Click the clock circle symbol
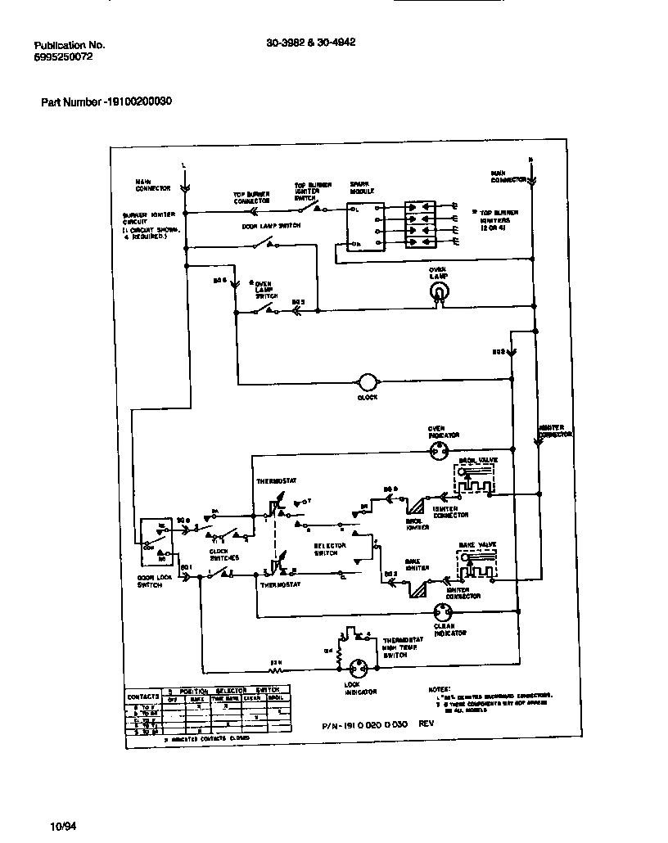click(x=368, y=382)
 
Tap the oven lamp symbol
click(x=440, y=293)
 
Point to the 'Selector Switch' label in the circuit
click(x=330, y=548)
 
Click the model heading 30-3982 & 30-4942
click(x=310, y=44)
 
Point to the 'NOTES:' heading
click(x=440, y=690)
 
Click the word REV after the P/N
click(x=427, y=724)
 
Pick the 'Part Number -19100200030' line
click(x=106, y=102)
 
